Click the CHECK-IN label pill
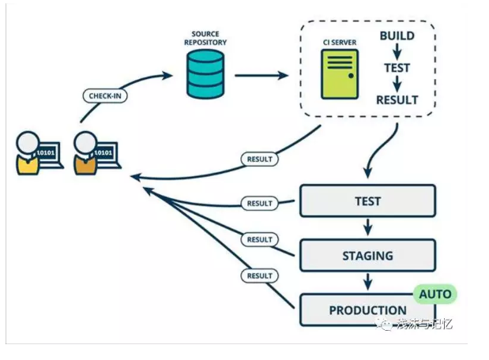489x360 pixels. [104, 96]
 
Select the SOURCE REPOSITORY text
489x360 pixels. [205, 39]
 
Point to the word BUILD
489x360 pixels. [397, 36]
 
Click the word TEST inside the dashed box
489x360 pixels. [397, 68]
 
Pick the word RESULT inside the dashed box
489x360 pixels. [397, 99]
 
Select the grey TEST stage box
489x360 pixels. [367, 201]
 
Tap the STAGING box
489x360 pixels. [367, 256]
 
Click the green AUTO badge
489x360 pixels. [434, 294]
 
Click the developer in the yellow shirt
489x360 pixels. [28, 153]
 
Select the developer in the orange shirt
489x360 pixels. [85, 153]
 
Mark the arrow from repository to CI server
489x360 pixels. [261, 76]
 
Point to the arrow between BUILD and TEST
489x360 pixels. [397, 52]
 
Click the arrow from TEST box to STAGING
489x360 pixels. [367, 228]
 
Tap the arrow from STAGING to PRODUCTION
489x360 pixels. [367, 283]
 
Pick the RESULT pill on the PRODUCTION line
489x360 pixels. [259, 276]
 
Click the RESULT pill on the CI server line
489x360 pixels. [259, 159]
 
